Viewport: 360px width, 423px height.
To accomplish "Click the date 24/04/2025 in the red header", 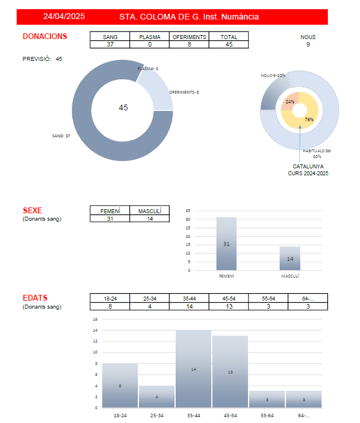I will (64, 17).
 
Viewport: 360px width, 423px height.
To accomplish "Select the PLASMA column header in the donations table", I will (150, 37).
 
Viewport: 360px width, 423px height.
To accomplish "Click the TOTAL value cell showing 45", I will (229, 44).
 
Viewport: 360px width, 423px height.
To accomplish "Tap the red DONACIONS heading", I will (45, 36).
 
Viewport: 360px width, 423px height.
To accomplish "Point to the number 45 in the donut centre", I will (123, 107).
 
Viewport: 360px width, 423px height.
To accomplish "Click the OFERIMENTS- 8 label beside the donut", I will (184, 92).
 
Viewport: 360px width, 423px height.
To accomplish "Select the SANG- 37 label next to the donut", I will (61, 136).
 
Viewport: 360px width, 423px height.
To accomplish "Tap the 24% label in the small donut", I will (291, 102).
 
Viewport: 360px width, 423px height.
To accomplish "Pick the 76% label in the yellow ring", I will (309, 120).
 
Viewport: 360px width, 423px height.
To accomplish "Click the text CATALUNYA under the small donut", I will (308, 166).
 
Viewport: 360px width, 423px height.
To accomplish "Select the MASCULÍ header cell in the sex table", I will (150, 211).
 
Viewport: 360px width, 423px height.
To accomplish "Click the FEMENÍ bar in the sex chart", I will (226, 244).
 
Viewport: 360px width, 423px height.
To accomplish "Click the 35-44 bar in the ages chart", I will (193, 368).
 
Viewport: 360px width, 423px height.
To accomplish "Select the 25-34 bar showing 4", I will (157, 396).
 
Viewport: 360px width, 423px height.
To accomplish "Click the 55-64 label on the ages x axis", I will (267, 414).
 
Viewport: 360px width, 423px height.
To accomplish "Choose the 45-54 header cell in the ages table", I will (229, 298).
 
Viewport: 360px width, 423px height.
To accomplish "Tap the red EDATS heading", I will (35, 298).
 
